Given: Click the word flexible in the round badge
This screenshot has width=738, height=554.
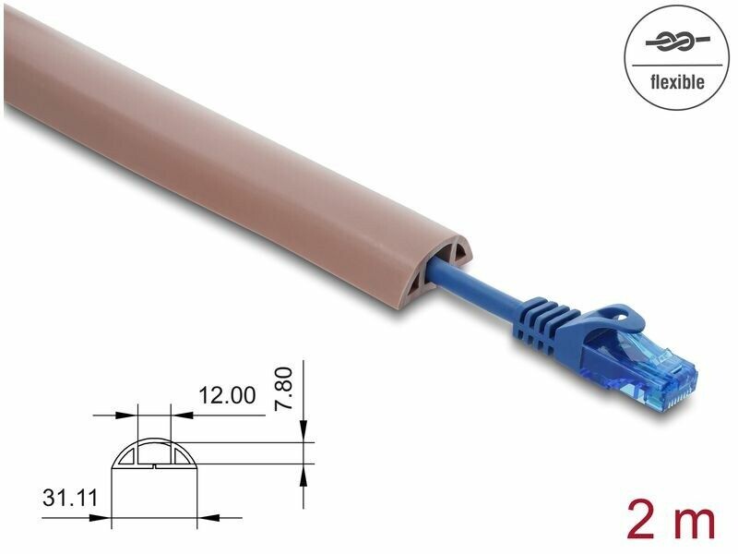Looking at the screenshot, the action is point(677,82).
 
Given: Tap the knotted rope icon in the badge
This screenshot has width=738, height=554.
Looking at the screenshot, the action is point(677,42).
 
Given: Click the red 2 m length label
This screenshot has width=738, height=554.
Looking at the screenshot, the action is point(671,522).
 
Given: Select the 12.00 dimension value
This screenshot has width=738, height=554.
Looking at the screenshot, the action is point(227,395).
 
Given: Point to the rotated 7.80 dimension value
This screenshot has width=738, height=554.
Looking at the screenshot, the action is point(285,389).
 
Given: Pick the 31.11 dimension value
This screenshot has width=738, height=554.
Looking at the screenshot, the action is point(70,498).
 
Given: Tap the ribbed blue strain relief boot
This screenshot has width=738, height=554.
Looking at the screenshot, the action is point(546,325).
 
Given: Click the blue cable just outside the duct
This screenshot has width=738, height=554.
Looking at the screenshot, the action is point(475,286).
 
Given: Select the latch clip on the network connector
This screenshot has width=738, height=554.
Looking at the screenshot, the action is point(616,317).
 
